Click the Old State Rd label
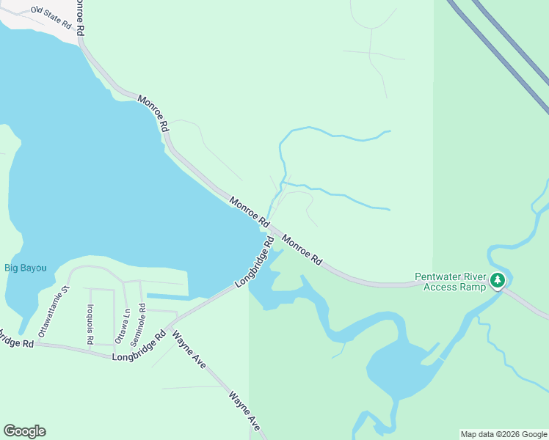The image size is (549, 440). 51,18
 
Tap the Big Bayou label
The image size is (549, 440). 26,268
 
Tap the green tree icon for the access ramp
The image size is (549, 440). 498,279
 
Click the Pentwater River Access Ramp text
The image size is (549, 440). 451,282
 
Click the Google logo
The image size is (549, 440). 24,431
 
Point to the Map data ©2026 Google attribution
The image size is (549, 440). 504,434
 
